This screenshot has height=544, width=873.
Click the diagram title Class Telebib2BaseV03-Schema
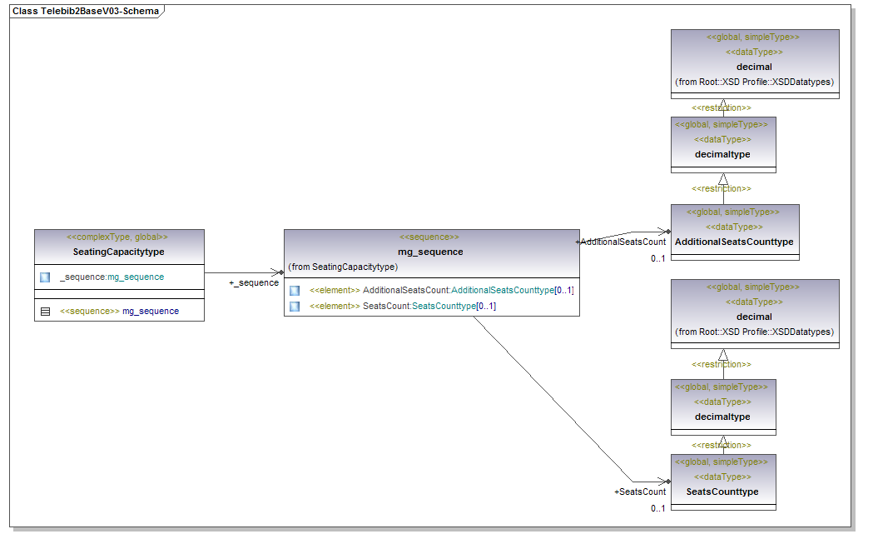tap(85, 12)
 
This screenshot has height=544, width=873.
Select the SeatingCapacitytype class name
tap(118, 252)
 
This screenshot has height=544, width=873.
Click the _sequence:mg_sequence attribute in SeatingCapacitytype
tap(112, 277)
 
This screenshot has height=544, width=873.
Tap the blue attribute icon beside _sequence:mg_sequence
tap(45, 277)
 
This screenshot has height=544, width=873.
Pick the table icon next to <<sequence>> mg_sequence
tap(45, 311)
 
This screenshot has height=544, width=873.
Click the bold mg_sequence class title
tap(430, 252)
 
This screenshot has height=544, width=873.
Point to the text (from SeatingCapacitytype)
tap(343, 267)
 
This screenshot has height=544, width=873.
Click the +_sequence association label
tap(254, 282)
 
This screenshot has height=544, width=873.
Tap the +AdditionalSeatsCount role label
tap(621, 242)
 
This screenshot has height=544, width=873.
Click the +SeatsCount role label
tap(640, 492)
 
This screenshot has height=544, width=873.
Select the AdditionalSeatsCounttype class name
tap(734, 242)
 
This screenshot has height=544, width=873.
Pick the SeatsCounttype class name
tap(722, 492)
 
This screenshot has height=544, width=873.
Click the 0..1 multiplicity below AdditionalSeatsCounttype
tap(657, 258)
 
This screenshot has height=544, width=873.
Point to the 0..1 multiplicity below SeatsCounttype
tap(657, 508)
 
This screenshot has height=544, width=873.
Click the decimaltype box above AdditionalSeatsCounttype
tap(722, 154)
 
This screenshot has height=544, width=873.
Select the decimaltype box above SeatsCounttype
tap(722, 417)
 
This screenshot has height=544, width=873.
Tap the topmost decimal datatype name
tap(754, 67)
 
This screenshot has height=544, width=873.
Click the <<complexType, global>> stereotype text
tap(117, 237)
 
